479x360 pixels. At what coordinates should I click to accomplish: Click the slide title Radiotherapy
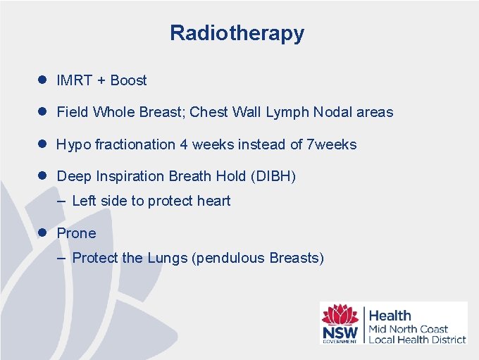(x=237, y=33)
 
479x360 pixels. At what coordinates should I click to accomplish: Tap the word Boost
(x=128, y=80)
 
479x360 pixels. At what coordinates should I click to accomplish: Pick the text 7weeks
(x=332, y=144)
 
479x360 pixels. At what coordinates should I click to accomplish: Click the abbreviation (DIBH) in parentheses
(x=273, y=176)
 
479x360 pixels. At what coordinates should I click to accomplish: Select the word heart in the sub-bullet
(x=213, y=201)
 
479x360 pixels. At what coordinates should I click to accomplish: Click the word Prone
(x=76, y=233)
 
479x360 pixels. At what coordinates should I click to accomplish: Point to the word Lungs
(x=167, y=258)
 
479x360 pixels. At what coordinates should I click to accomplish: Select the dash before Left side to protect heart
(x=61, y=201)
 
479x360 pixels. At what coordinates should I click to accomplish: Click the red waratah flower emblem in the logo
(x=340, y=314)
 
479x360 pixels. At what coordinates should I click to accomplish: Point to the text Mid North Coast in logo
(x=408, y=329)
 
